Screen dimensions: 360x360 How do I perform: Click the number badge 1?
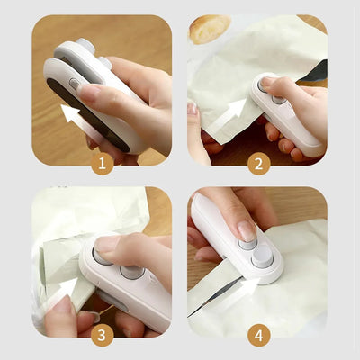(x=102, y=163)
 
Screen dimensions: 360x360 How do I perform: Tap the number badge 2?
(x=257, y=163)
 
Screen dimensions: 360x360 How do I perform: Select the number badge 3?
(x=102, y=334)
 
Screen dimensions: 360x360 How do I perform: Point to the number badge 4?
(x=257, y=334)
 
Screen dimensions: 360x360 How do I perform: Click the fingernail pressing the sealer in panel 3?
(x=107, y=244)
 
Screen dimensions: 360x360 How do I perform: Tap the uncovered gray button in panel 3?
(x=131, y=272)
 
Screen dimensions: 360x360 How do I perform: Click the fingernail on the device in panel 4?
(x=246, y=231)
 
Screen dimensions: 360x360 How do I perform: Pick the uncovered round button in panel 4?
(x=262, y=256)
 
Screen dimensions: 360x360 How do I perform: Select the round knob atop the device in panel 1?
(x=86, y=44)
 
